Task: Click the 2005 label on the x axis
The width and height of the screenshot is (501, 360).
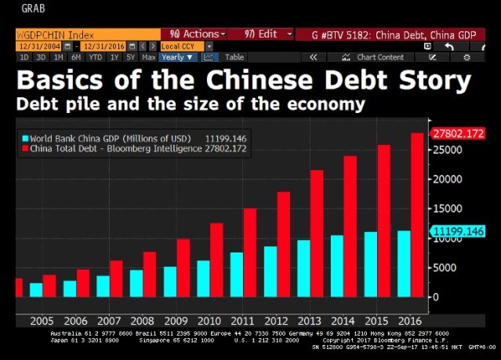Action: [42, 321]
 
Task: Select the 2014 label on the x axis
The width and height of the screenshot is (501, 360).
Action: [343, 321]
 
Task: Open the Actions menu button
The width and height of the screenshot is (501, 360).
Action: [194, 35]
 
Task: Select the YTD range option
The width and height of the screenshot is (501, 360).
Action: [96, 57]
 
